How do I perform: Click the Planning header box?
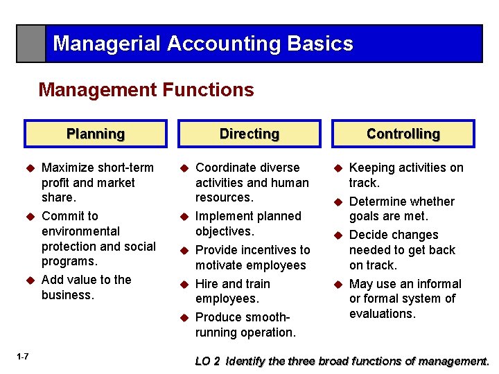tap(96, 134)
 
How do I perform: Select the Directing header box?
tap(249, 134)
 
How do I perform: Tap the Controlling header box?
tap(403, 134)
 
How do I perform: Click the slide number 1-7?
tap(21, 357)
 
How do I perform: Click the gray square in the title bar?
tap(31, 44)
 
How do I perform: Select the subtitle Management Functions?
tap(146, 90)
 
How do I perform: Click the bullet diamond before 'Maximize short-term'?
tap(30, 168)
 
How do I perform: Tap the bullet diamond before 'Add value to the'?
tap(30, 280)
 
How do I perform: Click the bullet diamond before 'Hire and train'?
tap(184, 284)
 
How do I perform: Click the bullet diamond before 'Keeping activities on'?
tap(338, 168)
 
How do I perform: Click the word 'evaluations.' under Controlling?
tap(382, 314)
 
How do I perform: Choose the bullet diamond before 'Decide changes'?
tap(338, 235)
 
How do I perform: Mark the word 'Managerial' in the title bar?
tap(106, 44)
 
